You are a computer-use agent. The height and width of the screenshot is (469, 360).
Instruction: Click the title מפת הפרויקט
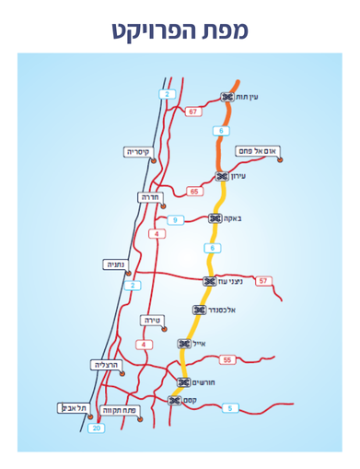click(180, 29)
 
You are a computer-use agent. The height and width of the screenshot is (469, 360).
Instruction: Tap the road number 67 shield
click(192, 111)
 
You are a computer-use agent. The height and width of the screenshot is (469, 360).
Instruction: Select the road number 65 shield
click(193, 191)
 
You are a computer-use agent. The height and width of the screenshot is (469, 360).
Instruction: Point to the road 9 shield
click(175, 219)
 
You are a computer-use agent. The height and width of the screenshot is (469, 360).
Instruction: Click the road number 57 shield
click(264, 280)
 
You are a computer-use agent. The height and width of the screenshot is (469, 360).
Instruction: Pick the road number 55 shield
click(227, 359)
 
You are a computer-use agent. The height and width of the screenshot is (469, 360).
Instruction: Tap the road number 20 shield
click(97, 428)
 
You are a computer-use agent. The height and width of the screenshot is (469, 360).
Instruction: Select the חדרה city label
click(150, 197)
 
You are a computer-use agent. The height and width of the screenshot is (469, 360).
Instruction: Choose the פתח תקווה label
click(120, 409)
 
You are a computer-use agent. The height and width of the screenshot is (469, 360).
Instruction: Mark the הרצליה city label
click(107, 365)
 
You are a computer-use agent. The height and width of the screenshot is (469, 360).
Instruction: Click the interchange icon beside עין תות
click(226, 96)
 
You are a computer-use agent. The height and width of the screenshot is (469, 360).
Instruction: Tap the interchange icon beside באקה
click(215, 218)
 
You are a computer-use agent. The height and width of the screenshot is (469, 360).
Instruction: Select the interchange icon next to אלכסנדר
click(198, 310)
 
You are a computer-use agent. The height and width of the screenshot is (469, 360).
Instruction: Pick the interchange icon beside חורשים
click(183, 381)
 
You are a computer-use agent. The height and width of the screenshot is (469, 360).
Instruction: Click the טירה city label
click(152, 320)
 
